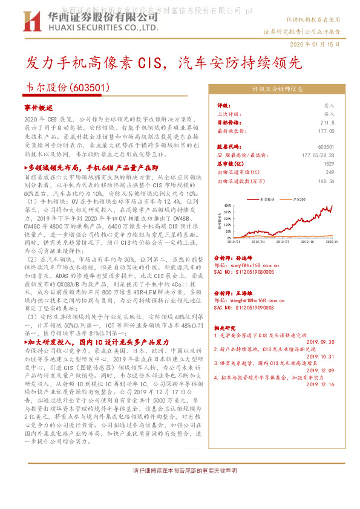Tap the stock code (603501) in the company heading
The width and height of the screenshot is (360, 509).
90,88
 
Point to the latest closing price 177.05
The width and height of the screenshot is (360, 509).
325,130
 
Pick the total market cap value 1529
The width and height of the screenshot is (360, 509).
328,163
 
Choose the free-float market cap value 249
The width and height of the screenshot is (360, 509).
330,172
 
